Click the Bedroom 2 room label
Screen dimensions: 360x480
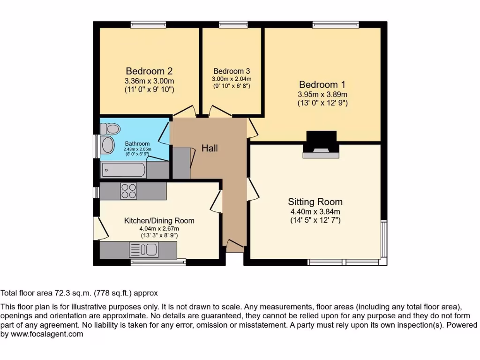149,71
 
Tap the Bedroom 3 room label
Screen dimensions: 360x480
232,71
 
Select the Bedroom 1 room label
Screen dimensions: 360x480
322,85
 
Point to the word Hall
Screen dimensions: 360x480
210,148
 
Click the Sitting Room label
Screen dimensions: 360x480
315,202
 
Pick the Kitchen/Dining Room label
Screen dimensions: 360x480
159,220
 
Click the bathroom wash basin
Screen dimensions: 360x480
108,145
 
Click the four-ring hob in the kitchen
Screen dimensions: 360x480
129,191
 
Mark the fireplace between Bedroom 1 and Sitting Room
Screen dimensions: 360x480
321,144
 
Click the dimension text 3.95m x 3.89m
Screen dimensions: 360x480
322,95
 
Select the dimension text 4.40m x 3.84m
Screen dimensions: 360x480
315,212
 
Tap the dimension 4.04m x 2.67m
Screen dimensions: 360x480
159,228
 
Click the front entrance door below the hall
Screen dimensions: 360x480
235,245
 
